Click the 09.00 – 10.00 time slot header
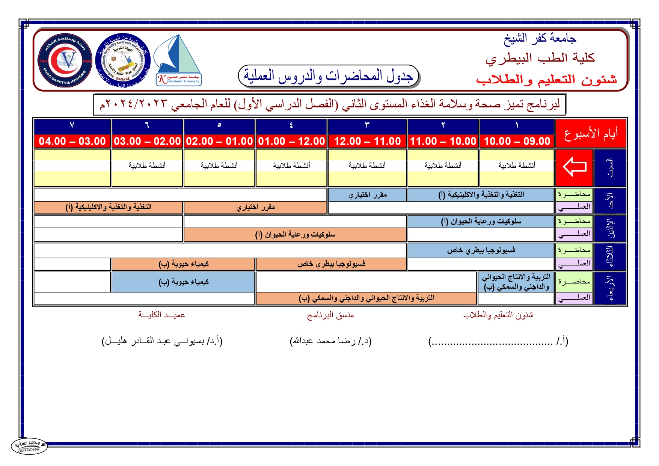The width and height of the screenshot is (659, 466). click(517, 141)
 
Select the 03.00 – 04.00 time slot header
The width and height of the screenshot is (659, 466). click(72, 141)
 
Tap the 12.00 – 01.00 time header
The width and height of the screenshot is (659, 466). click(291, 141)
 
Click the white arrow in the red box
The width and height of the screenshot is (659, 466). click(574, 166)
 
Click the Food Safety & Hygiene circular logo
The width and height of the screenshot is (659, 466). click(65, 60)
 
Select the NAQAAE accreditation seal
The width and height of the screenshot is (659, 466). click(123, 60)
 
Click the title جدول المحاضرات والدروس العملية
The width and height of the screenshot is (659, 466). click(329, 76)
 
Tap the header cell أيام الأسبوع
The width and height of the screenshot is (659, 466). click(591, 134)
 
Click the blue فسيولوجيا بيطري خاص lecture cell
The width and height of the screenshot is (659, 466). click(481, 250)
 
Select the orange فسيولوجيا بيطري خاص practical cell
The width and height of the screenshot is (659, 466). click(331, 264)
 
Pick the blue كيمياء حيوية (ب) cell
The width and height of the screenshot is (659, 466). click(183, 282)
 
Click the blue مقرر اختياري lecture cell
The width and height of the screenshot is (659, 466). click(367, 195)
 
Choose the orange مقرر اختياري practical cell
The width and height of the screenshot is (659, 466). click(255, 207)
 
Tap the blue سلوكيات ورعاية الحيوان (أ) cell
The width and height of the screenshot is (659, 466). click(481, 222)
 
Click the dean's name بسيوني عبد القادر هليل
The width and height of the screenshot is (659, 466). click(162, 341)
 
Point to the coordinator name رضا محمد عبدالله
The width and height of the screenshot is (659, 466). click(330, 341)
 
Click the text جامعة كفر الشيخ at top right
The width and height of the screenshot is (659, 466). click(540, 39)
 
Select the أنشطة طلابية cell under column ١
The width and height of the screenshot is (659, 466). click(517, 166)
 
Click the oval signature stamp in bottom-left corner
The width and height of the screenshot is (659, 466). click(29, 446)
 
